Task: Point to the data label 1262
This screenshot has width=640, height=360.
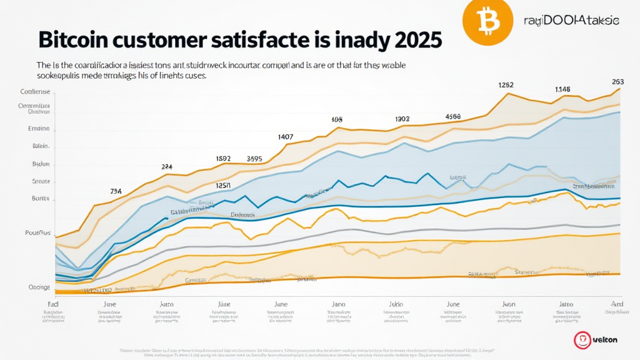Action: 506,84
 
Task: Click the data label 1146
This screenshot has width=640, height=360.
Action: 562,89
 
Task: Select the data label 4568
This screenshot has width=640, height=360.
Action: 452,116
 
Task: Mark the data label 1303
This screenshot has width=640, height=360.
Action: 402,119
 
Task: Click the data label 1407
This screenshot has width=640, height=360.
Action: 286,136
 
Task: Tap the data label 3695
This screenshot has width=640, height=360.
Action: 254,159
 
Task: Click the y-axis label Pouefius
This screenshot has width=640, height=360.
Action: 37,232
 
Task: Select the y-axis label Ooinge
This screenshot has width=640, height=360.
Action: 39,287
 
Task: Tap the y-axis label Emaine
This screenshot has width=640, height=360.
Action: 39,128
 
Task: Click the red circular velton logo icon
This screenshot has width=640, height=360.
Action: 581,340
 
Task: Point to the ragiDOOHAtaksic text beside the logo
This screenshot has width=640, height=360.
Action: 571,21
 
